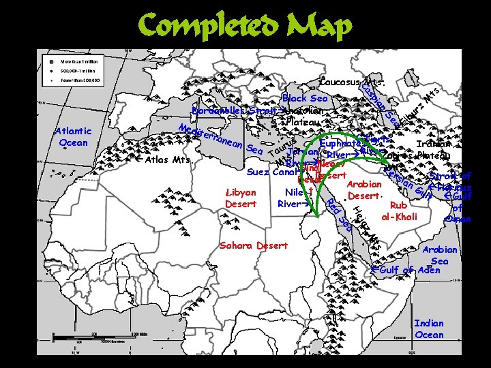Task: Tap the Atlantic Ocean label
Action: pyautogui.click(x=73, y=137)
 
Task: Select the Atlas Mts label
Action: pyautogui.click(x=168, y=160)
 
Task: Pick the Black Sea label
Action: pyautogui.click(x=305, y=99)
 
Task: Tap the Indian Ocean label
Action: pyautogui.click(x=429, y=329)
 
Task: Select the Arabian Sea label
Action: pyautogui.click(x=440, y=255)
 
